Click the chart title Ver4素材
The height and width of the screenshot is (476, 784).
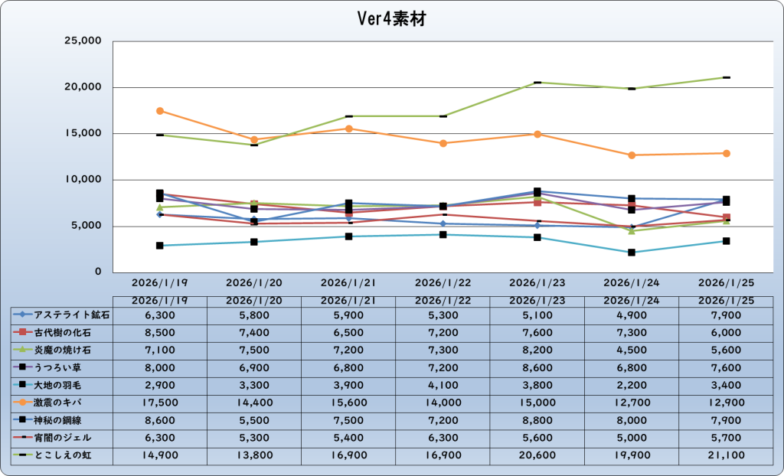coord(391,20)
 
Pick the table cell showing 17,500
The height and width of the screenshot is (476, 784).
coord(159,402)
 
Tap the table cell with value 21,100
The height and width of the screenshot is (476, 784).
coord(725,455)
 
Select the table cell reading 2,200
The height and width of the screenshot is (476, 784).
coord(631,384)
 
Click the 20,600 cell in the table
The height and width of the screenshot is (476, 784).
coord(537,455)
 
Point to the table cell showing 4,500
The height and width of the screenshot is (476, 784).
coord(631,349)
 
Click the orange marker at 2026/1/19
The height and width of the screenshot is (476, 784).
coord(160,111)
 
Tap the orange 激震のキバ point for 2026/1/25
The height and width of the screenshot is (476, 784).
coord(726,153)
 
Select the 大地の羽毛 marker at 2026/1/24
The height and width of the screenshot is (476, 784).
coord(632,253)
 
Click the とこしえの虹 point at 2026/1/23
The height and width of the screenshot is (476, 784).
coord(537,82)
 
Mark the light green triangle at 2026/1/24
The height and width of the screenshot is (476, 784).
coord(632,231)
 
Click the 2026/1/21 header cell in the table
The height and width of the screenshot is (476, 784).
coord(348,300)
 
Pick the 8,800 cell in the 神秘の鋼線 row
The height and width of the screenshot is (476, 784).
coord(537,419)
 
